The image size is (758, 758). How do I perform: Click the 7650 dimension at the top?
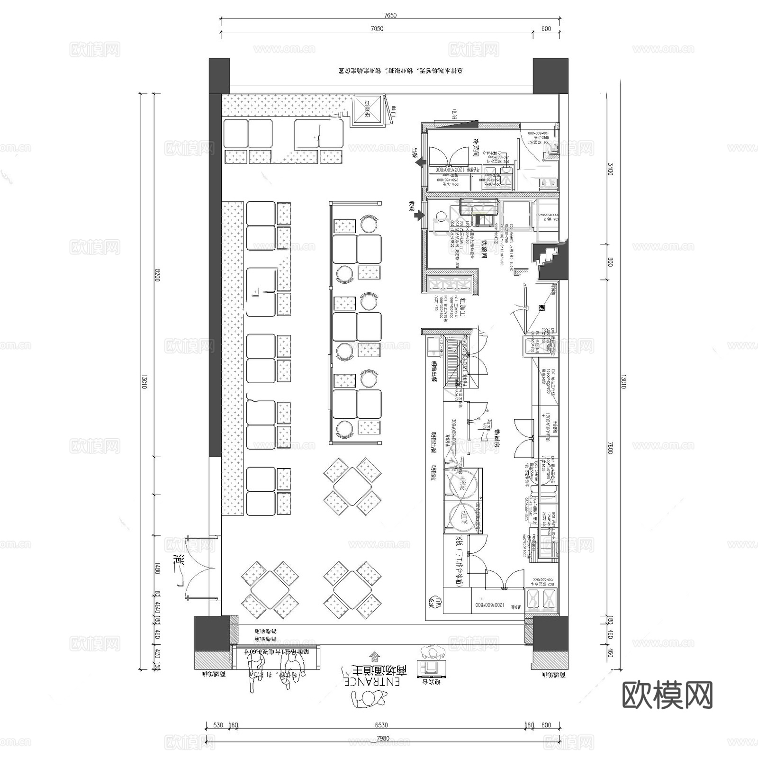(390, 15)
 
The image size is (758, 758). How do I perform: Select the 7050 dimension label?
(377, 28)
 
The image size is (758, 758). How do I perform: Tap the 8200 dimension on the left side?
(157, 275)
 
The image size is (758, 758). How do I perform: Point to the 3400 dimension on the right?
(610, 169)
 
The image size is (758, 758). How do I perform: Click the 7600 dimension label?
(610, 447)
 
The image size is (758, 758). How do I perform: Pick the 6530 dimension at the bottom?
(381, 725)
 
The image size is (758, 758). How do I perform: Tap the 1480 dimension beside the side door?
(157, 568)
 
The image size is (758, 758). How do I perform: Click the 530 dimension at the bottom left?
(218, 725)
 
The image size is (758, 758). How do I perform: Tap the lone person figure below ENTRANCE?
(369, 698)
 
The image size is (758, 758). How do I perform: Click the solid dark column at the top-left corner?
(219, 76)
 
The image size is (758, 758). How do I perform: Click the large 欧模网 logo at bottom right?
(667, 695)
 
